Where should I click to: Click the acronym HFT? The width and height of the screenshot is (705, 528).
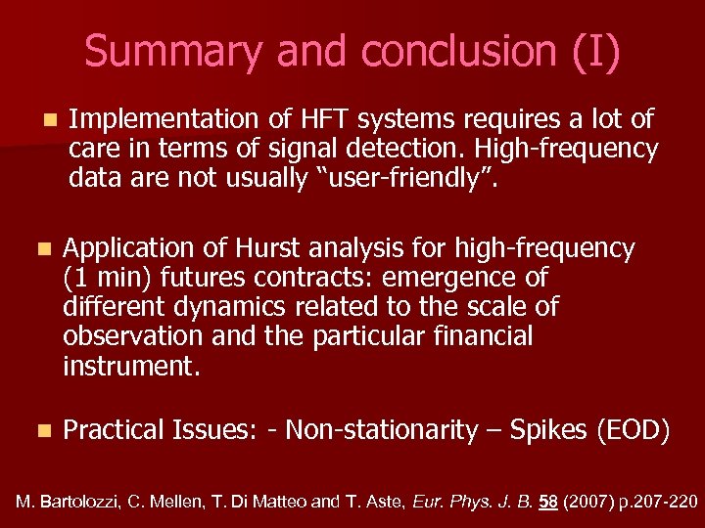coord(318,119)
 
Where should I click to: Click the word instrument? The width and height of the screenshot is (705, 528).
coord(129,367)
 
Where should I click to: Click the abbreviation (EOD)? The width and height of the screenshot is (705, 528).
coord(634,430)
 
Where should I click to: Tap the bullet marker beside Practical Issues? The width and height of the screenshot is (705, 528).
coord(40,430)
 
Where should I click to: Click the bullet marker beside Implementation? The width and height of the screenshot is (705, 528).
coord(48,120)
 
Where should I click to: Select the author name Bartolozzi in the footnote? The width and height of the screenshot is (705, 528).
coord(76,502)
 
